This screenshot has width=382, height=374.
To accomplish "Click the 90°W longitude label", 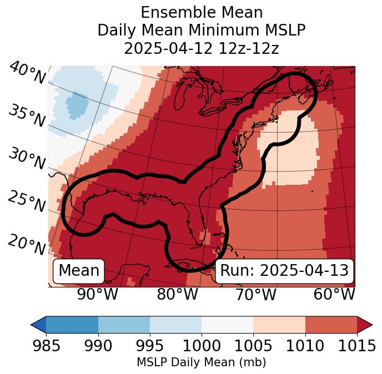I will tap(97, 294).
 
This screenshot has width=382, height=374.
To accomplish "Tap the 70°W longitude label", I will tap(255, 294).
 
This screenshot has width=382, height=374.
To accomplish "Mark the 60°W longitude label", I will tap(334, 294).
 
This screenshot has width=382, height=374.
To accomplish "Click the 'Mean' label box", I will tap(79, 271).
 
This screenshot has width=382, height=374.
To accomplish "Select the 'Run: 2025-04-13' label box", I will tap(284, 271).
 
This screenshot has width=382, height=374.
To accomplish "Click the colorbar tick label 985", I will tap(46, 346).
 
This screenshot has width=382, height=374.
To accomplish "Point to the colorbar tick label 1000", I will tap(202, 346).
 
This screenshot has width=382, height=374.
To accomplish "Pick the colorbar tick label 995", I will tap(150, 346).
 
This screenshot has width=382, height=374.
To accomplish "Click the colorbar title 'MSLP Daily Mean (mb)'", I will tap(202, 362).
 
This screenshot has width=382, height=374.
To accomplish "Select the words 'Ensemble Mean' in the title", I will tap(202, 12).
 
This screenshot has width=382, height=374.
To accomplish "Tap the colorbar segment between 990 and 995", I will tap(124, 325).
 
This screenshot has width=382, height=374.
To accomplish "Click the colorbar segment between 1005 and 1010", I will tap(279, 325).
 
